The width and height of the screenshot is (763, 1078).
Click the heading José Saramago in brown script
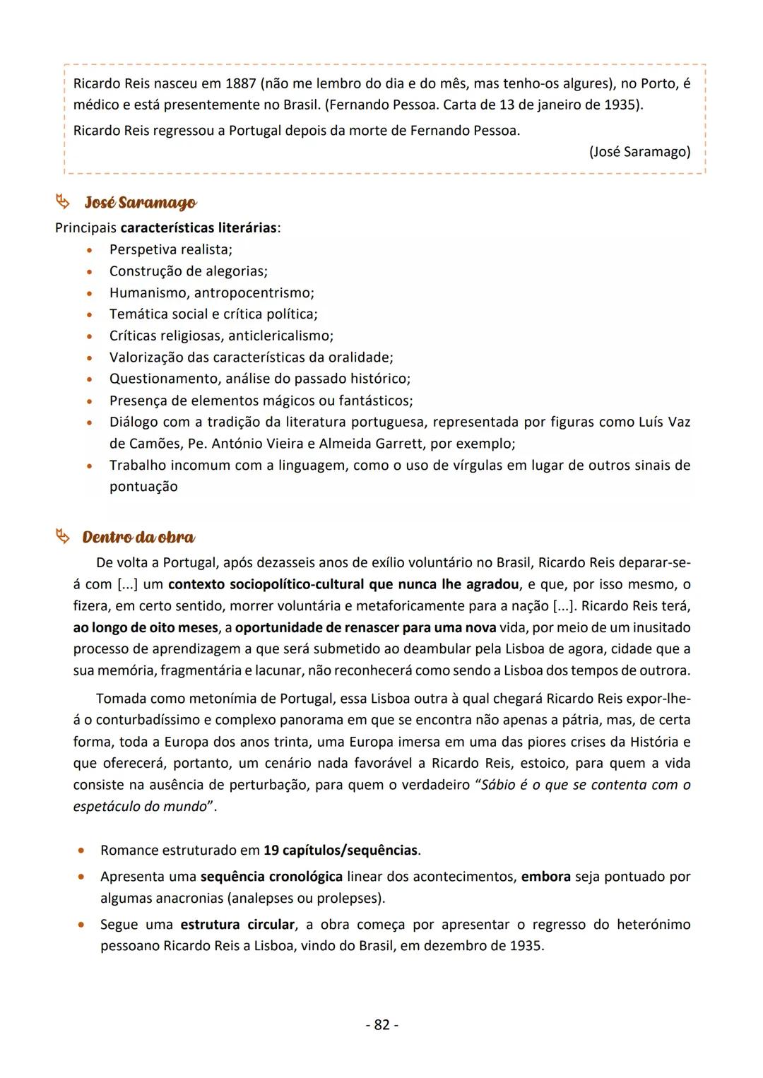click(x=140, y=203)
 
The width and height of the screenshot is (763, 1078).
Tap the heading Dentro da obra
click(x=138, y=537)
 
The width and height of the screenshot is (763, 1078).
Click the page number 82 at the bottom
click(x=381, y=1024)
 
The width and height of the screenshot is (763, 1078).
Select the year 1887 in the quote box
click(x=241, y=83)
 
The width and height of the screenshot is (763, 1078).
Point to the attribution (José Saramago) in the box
click(x=639, y=151)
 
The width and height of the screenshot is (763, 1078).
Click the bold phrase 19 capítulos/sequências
click(x=341, y=850)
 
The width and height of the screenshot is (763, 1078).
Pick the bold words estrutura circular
click(x=237, y=924)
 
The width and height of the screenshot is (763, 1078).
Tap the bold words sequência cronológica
click(x=271, y=876)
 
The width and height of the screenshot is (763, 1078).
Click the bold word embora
click(x=545, y=876)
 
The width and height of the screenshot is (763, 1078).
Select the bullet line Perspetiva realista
click(x=170, y=249)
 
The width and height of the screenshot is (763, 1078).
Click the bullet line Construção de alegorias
click(x=188, y=271)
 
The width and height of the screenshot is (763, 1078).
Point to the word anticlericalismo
click(x=280, y=336)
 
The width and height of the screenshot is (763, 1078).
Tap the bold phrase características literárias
click(x=199, y=228)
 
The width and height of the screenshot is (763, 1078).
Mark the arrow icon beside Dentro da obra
click(x=63, y=538)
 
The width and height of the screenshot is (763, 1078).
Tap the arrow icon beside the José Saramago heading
click(x=63, y=203)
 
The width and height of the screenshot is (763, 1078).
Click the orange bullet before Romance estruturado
click(x=83, y=851)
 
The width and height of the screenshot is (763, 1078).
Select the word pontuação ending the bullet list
click(x=143, y=487)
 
